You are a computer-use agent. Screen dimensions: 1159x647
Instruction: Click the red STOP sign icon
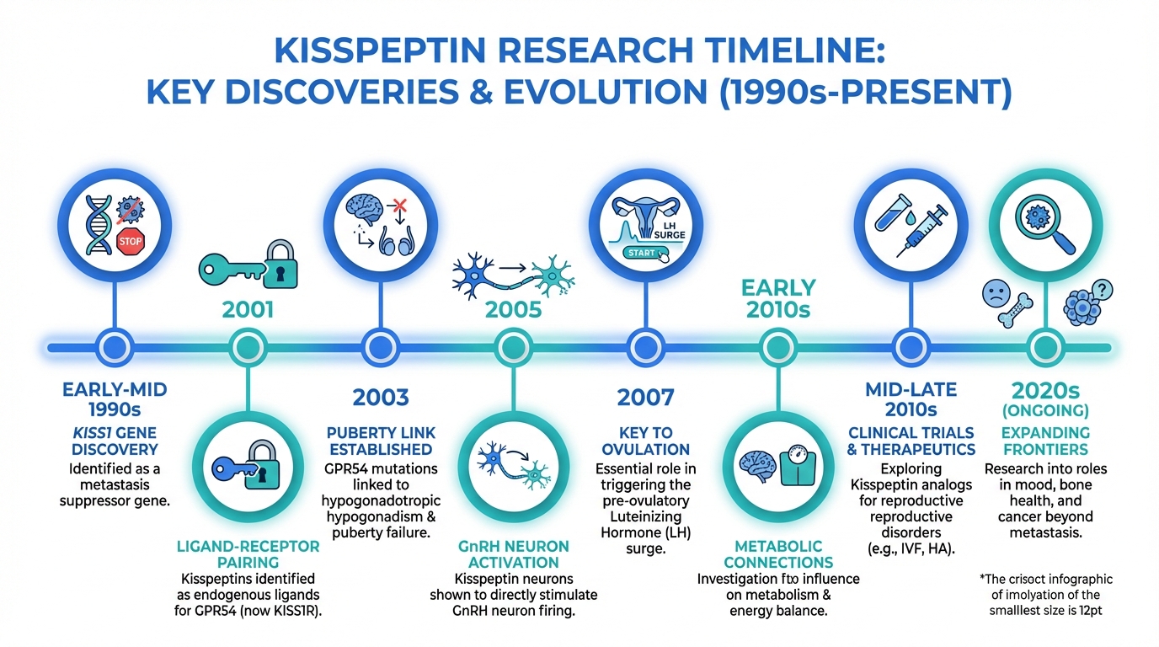pos(130,241)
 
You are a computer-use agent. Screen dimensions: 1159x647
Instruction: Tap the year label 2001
pos(248,309)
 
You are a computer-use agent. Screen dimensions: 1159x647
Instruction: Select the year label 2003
pos(381,398)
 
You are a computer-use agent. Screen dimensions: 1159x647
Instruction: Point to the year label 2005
pos(513,309)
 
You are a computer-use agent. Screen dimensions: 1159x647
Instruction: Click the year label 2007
pos(646,398)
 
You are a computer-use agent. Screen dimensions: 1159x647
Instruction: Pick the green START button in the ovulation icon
pos(644,253)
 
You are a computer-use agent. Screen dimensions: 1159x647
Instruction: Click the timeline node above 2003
pos(381,347)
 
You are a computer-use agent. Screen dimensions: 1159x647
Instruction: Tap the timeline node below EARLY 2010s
pos(778,347)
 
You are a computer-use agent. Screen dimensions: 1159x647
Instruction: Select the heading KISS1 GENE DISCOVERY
pos(115,441)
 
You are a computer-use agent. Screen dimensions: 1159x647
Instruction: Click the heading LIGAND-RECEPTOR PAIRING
pos(248,553)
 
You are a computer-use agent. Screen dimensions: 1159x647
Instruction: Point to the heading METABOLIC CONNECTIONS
pos(778,553)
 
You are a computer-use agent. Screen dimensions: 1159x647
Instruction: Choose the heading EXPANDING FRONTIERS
pos(1045,441)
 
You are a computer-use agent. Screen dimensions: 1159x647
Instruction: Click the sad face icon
pos(996,293)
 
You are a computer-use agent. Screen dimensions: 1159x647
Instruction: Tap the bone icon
pos(1015,310)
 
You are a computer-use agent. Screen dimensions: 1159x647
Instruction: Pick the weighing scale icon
pos(798,467)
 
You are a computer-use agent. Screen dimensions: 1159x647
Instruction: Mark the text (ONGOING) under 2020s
pos(1045,411)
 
